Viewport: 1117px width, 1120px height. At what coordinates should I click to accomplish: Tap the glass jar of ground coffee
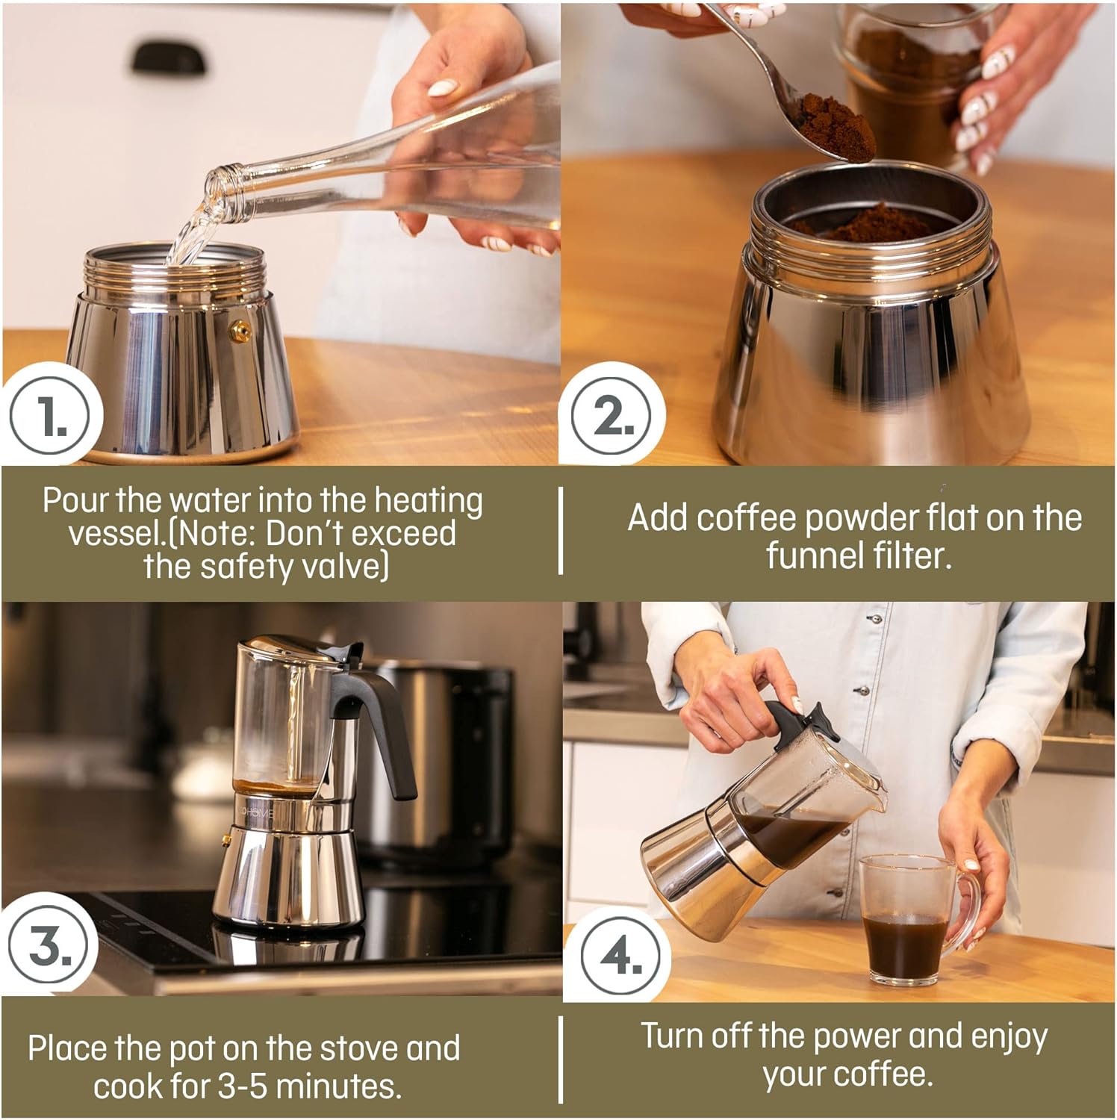[907, 82]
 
